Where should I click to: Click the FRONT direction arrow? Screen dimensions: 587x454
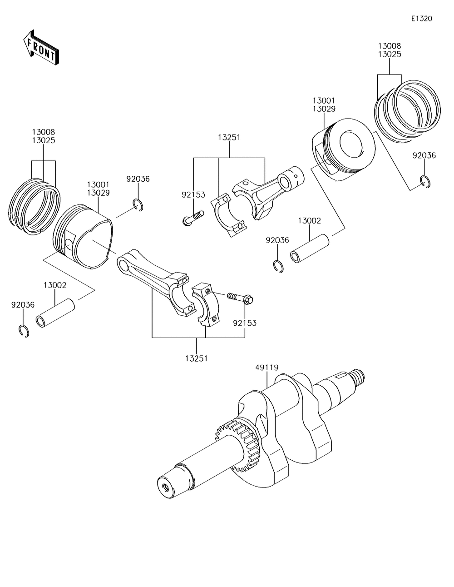click(x=40, y=47)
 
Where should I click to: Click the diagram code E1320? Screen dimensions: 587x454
click(x=421, y=19)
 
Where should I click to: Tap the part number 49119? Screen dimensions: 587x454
click(x=266, y=368)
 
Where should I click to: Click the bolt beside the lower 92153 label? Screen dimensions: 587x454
click(x=240, y=298)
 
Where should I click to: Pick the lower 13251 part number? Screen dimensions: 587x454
click(x=196, y=358)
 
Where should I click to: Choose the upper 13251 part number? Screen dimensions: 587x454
click(x=229, y=137)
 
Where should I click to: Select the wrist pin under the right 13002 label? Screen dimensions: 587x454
click(x=308, y=249)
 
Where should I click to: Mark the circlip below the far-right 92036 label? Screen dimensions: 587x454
click(x=425, y=181)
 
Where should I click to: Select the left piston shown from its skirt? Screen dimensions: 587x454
click(x=84, y=236)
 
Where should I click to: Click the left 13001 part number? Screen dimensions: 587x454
click(x=98, y=184)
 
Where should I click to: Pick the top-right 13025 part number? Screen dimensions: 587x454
click(x=390, y=54)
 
